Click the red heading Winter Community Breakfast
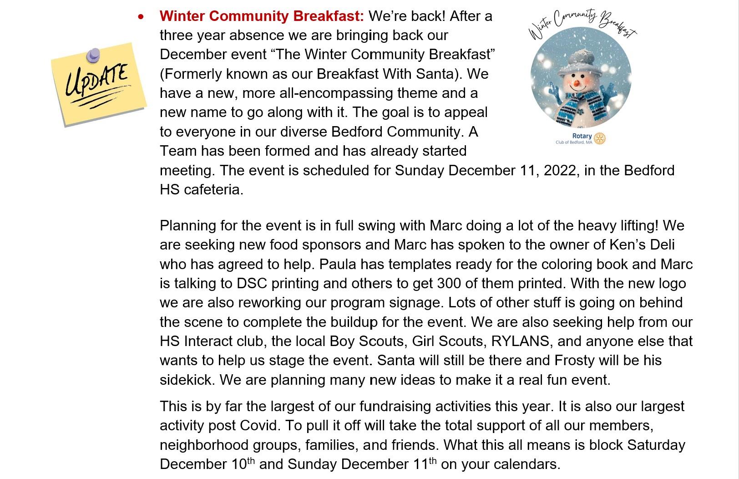[x=262, y=16]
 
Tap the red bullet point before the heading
[x=141, y=16]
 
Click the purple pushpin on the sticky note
[x=93, y=56]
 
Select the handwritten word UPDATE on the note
[x=96, y=80]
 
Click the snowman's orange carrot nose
[x=577, y=83]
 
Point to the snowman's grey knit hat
[x=577, y=62]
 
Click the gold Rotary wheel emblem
[x=600, y=138]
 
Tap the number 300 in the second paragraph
[x=448, y=284]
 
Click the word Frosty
[x=574, y=361]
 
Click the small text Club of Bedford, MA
[x=574, y=143]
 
